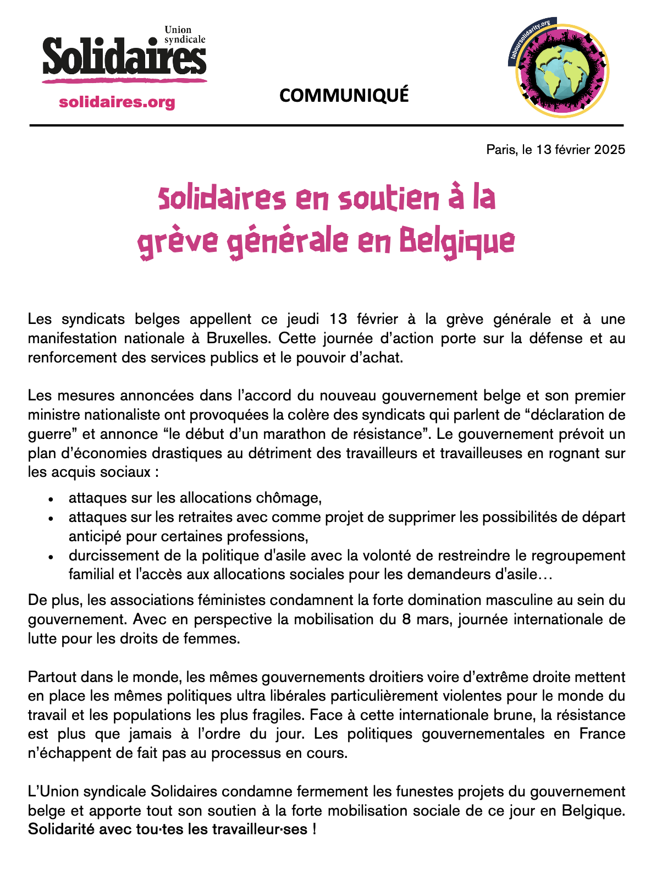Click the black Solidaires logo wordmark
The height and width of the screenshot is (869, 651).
[124, 57]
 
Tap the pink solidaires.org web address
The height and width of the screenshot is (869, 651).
[117, 102]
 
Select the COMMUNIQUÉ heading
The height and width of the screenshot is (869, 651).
[344, 96]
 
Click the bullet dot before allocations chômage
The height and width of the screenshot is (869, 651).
[51, 499]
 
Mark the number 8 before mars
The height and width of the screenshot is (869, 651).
[406, 619]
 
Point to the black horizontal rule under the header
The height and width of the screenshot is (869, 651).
[326, 125]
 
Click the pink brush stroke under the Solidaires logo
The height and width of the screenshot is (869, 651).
[124, 81]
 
